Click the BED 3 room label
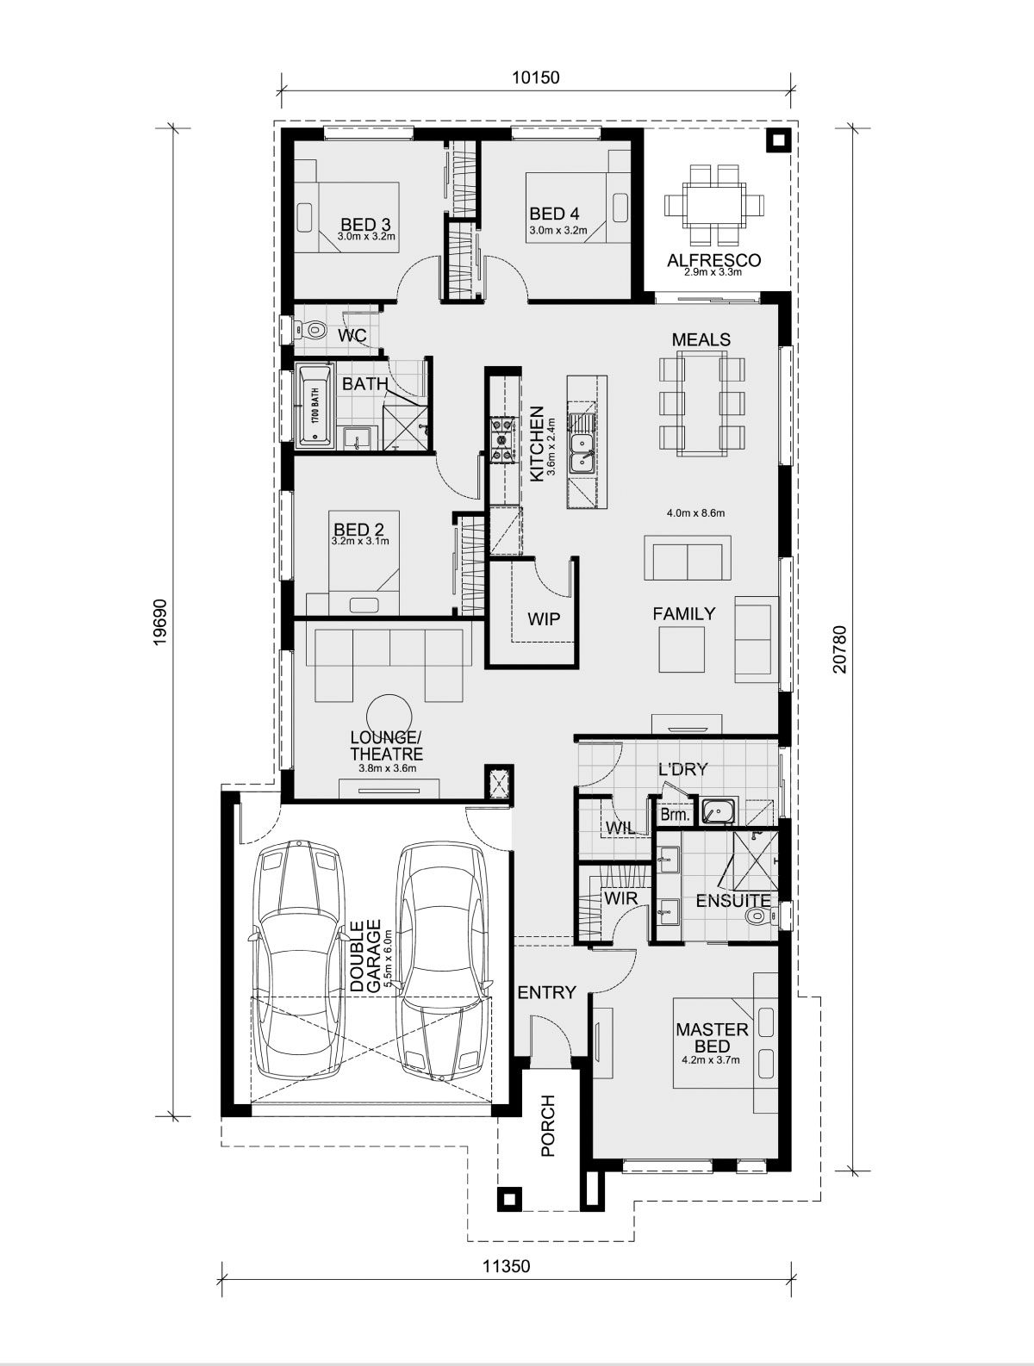365,224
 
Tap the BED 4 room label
554,214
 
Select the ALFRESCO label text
714,259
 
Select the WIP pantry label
544,619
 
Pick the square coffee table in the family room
682,649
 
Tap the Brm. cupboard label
674,814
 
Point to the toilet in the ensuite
759,915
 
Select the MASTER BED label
712,1037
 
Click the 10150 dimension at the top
535,78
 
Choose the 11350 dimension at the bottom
506,1266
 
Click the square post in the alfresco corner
777,141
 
